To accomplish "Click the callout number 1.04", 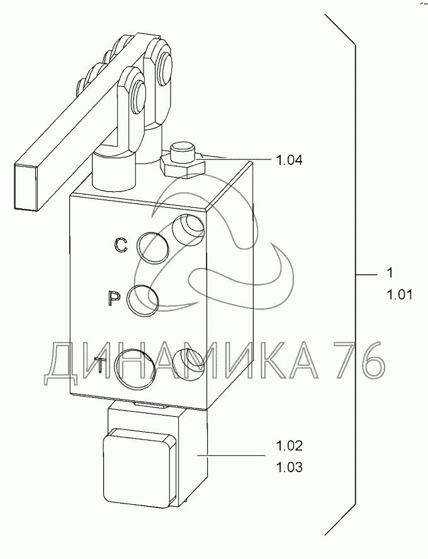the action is coord(289,161).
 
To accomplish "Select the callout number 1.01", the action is coord(399,295).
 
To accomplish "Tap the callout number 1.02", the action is coord(289,446).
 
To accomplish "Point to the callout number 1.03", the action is coord(289,467).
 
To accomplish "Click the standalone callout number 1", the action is coord(390,273).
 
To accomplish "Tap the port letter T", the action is coord(101,364).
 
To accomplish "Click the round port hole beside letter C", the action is coord(153,248).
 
